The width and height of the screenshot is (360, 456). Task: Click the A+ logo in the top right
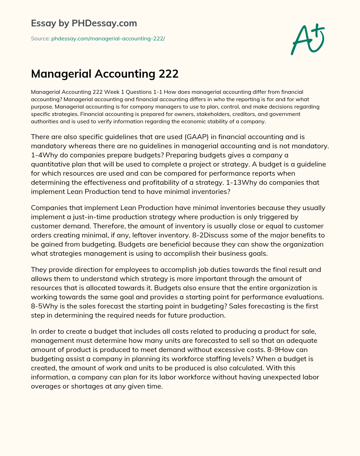(x=308, y=39)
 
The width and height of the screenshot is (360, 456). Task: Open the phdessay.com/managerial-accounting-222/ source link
(x=108, y=39)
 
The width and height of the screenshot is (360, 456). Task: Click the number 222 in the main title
(x=168, y=74)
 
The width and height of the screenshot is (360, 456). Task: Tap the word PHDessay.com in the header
(x=104, y=23)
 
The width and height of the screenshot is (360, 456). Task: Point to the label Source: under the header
(x=40, y=39)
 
